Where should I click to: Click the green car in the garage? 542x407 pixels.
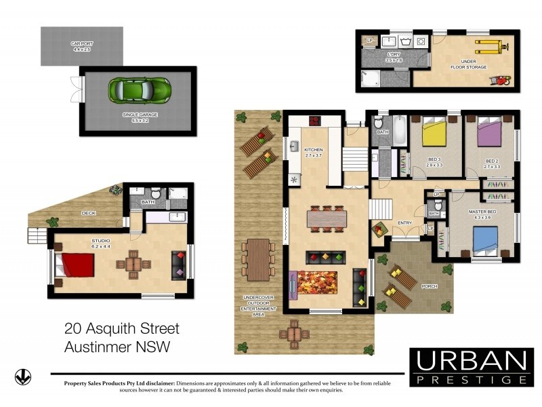tap(140, 89)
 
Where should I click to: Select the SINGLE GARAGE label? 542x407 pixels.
tap(140, 116)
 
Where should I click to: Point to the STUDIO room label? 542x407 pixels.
tap(100, 242)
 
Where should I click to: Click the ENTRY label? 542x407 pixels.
tap(404, 222)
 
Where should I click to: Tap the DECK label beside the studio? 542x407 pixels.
tap(88, 213)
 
